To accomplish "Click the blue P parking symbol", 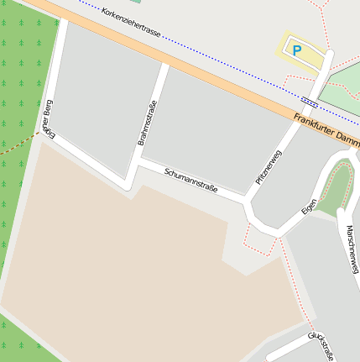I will [x=296, y=50].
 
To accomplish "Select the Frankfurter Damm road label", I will [x=327, y=129].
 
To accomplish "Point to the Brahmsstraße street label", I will [x=148, y=123].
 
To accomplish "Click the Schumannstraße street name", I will [x=191, y=181].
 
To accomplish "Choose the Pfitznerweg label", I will [x=269, y=167].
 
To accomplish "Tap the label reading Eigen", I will [x=309, y=206].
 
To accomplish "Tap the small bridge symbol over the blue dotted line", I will [x=309, y=102].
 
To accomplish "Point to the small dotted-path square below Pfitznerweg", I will [x=261, y=240].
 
